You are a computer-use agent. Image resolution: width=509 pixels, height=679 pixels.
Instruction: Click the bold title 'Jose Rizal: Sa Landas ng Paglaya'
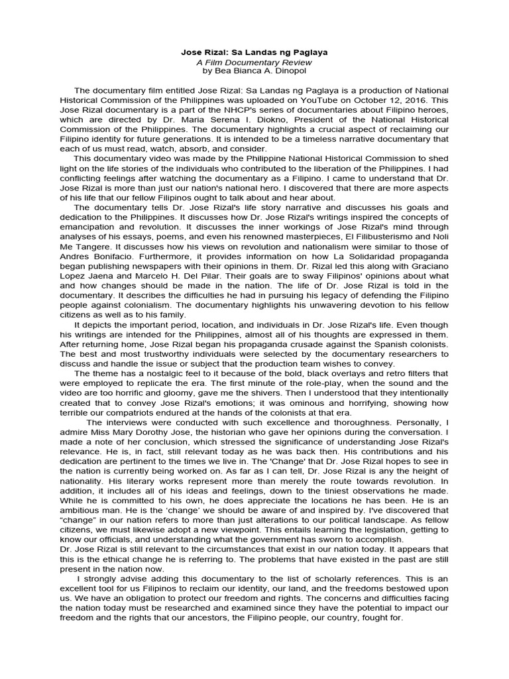(254, 52)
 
